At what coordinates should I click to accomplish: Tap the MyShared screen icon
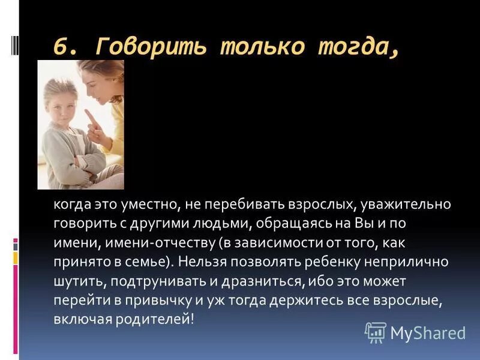click(375, 332)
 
